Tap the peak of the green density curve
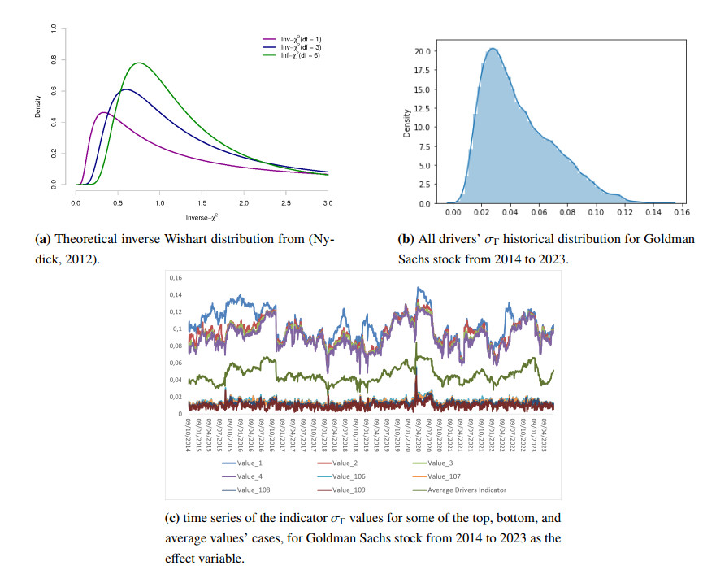(139, 63)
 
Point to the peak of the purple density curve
(103, 112)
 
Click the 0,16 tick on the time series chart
(175, 278)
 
